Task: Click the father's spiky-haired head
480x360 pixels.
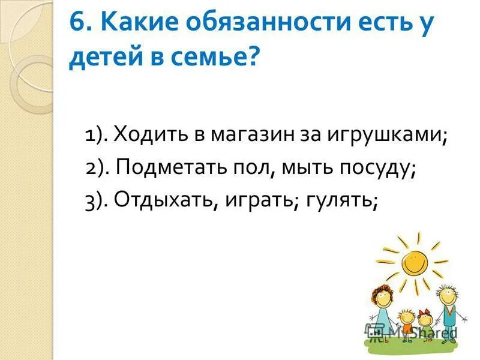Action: click(x=446, y=293)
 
